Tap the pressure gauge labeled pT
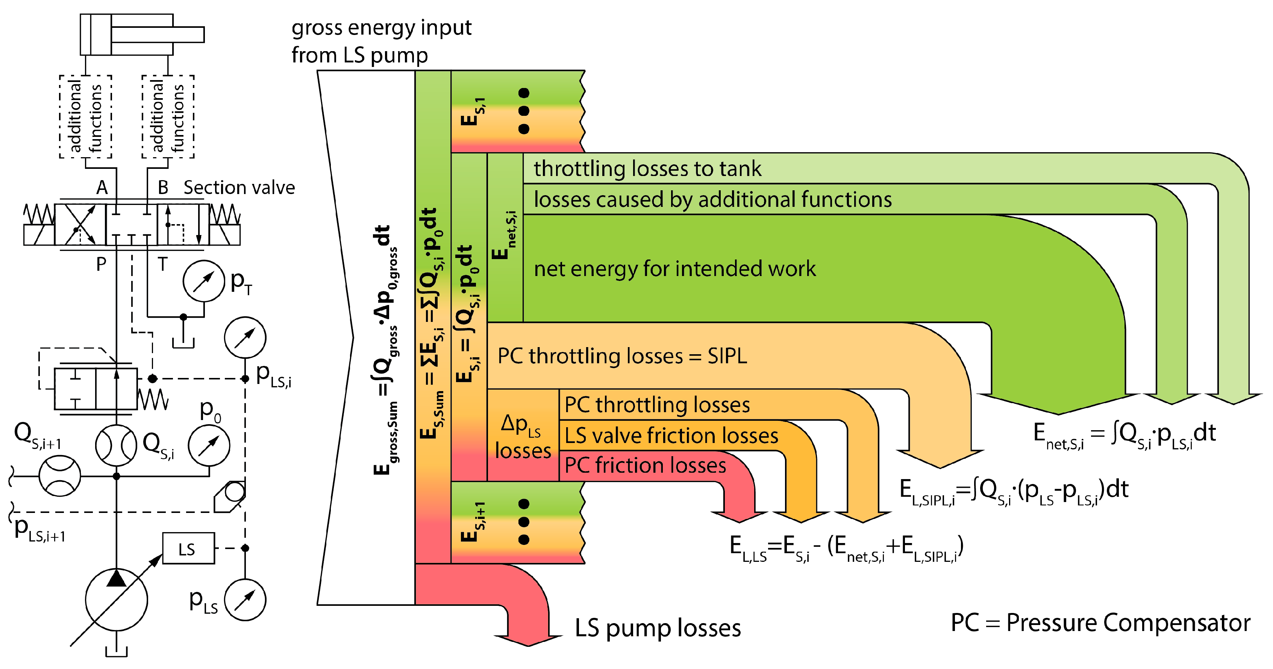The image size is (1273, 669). click(x=204, y=281)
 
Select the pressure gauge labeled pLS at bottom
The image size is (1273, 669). click(x=245, y=600)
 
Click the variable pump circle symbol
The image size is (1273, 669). click(x=116, y=599)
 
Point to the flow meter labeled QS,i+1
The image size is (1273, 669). click(x=59, y=476)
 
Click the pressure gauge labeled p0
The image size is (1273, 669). click(x=209, y=445)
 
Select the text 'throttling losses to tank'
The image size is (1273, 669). click(x=647, y=168)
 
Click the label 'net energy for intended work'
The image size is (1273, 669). click(x=674, y=269)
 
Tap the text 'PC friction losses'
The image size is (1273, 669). click(x=645, y=465)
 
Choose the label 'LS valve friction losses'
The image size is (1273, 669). click(x=671, y=435)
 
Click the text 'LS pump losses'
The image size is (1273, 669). click(x=657, y=628)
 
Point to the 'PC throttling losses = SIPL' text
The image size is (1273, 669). click(x=622, y=356)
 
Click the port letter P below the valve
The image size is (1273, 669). click(x=101, y=264)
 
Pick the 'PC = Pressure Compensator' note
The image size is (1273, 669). click(x=1100, y=622)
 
